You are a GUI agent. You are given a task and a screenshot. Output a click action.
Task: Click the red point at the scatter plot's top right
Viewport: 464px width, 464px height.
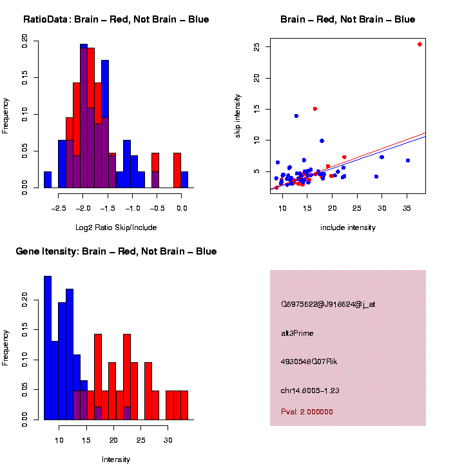420,44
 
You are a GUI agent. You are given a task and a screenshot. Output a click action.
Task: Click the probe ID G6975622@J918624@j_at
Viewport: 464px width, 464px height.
328,304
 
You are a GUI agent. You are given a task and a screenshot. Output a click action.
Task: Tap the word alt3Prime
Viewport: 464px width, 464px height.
297,333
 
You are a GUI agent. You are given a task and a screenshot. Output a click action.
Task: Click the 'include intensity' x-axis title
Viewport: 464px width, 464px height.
348,227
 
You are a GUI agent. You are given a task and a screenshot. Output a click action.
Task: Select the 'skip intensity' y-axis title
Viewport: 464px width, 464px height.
238,115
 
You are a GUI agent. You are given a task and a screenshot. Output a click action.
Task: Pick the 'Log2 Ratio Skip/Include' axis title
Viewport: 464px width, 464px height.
116,227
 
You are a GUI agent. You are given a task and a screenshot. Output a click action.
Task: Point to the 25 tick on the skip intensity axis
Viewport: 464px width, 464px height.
256,47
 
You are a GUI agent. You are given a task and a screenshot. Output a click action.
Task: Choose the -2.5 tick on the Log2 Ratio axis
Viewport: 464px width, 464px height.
59,208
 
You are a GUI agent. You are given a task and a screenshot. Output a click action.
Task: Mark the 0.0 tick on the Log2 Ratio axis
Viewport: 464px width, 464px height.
182,208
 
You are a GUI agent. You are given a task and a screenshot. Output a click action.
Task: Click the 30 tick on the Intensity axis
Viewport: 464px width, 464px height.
168,440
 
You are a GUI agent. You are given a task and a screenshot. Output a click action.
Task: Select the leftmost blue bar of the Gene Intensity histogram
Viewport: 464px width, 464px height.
48,348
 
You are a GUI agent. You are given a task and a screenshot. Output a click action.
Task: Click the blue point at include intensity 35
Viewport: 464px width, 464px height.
407,160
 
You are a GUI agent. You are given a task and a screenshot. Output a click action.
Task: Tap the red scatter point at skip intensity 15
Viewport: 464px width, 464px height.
314,109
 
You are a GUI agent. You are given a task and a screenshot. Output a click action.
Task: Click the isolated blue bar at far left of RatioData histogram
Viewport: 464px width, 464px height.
48,180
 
